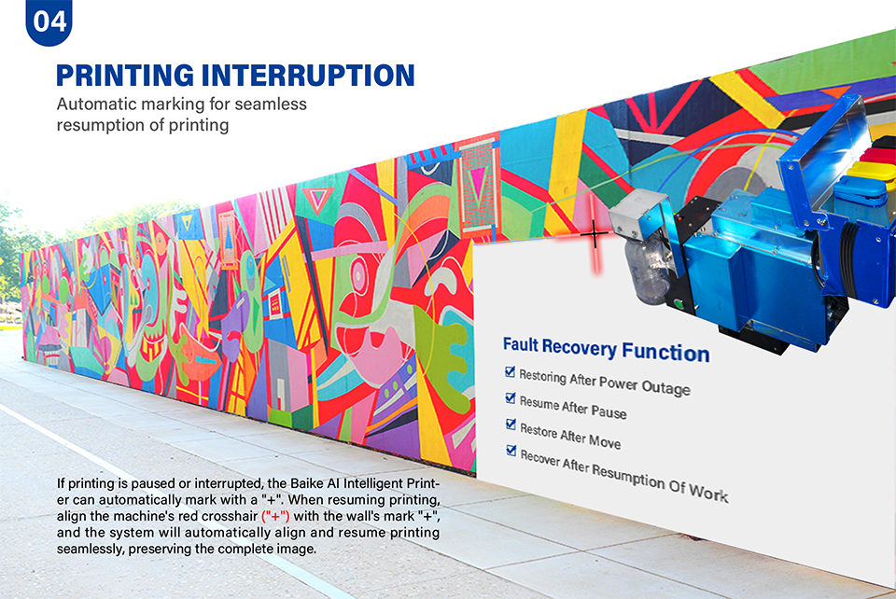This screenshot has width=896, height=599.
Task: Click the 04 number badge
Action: [x=49, y=21]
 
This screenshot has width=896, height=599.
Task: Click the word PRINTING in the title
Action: [x=125, y=76]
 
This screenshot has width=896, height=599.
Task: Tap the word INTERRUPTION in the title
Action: [x=309, y=76]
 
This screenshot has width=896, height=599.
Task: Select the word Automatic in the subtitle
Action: [x=96, y=104]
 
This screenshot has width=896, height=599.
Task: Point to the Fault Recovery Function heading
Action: [x=607, y=349]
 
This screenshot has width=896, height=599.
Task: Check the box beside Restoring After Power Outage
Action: [x=511, y=371]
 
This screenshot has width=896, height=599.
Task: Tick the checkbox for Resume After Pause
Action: [x=511, y=397]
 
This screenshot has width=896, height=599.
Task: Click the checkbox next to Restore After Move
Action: [x=511, y=425]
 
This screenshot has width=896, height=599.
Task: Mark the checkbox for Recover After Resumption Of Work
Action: [x=511, y=451]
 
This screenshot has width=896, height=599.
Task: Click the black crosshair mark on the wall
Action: [x=595, y=234]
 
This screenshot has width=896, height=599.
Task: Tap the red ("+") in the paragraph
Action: [x=275, y=516]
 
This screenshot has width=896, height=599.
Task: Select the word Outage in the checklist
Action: [x=665, y=388]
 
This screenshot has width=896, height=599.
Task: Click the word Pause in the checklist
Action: [x=609, y=411]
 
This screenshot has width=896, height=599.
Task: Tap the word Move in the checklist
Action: [x=605, y=440]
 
